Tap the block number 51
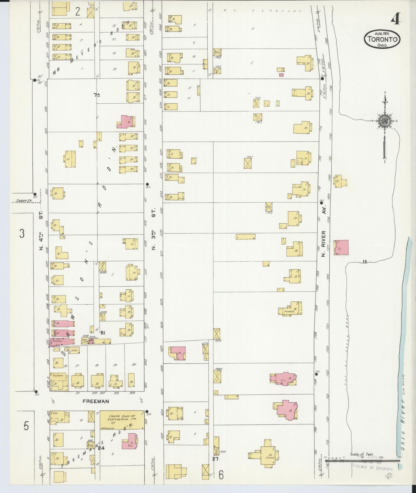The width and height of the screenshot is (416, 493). pyautogui.click(x=103, y=333)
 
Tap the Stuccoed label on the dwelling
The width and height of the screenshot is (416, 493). pyautogui.click(x=289, y=312)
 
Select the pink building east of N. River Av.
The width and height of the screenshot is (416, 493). pyautogui.click(x=341, y=247)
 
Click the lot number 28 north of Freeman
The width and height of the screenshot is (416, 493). pyautogui.click(x=97, y=365)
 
